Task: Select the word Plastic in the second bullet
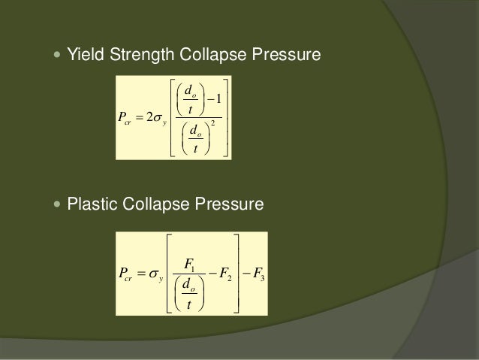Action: tap(89, 204)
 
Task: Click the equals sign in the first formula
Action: tap(141, 118)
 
